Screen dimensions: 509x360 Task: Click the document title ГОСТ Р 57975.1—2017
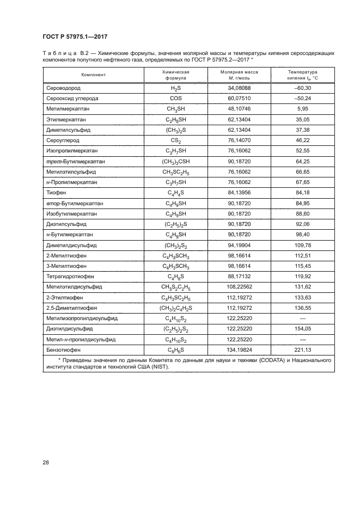point(74,36)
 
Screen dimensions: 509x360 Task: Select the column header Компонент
point(93,75)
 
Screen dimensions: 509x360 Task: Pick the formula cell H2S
point(175,88)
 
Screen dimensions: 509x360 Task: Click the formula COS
point(175,99)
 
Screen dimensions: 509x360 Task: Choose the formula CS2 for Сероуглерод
point(175,140)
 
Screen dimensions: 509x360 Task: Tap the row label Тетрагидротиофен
point(72,276)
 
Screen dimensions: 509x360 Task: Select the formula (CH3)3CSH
point(175,162)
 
